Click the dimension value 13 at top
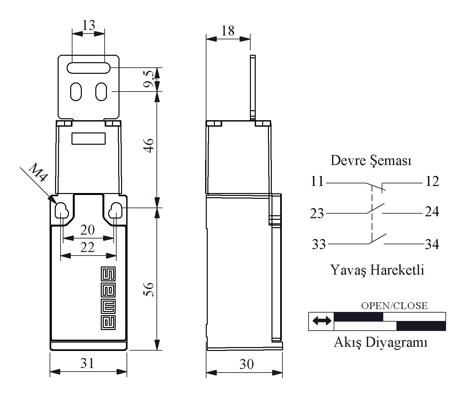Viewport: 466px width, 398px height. point(89,25)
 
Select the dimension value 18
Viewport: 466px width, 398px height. point(228,31)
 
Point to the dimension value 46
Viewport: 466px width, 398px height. point(149,146)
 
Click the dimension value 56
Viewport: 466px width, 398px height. point(149,289)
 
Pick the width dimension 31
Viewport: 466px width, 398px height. point(88,364)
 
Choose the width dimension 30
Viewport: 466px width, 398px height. point(247,364)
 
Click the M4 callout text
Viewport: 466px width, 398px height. point(39,173)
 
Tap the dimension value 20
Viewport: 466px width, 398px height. point(88,230)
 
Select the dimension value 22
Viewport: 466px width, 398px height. point(88,248)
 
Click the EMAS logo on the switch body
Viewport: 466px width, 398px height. point(108,298)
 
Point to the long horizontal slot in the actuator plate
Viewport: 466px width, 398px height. point(89,68)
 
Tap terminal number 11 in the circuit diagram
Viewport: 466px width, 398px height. point(317,181)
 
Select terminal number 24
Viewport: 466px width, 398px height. point(432,212)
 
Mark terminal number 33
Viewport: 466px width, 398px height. point(319,244)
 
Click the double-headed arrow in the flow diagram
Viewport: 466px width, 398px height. point(322,321)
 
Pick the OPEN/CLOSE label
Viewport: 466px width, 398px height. point(394,306)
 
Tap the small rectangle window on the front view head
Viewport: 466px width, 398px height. point(89,139)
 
